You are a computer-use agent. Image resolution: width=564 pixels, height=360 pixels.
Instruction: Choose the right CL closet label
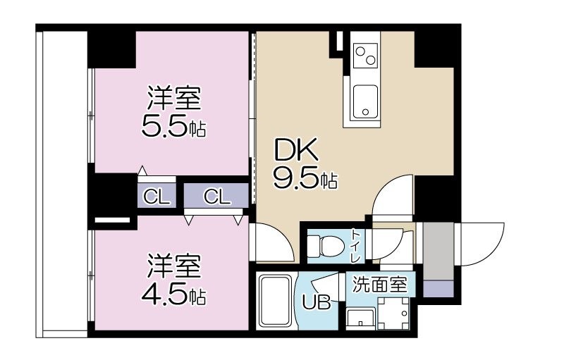[217, 197]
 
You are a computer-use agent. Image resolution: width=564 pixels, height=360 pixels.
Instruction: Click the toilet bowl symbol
[326, 246]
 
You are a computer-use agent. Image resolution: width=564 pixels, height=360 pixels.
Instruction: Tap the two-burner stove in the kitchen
[366, 54]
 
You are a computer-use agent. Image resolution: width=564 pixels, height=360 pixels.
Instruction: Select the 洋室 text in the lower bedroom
[173, 266]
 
